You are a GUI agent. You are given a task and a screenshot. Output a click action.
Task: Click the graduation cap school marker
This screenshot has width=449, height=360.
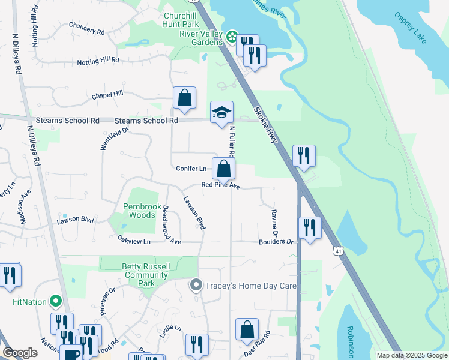pos(221,112)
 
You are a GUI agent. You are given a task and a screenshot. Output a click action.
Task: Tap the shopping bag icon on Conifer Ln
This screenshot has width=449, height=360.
pos(223,169)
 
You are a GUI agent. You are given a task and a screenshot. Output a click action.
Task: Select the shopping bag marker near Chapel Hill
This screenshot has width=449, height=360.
pos(184,98)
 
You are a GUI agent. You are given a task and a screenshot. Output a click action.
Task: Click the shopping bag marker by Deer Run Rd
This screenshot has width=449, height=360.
pos(247,329)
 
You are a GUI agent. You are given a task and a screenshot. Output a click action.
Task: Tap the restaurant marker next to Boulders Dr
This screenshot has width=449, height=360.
pos(310,228)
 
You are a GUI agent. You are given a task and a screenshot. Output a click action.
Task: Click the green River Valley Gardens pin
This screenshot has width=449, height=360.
pos(232,37)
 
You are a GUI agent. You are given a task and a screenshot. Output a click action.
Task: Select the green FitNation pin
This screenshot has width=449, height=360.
pos(56,301)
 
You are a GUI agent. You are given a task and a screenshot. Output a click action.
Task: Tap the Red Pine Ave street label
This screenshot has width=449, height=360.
pos(220,187)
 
